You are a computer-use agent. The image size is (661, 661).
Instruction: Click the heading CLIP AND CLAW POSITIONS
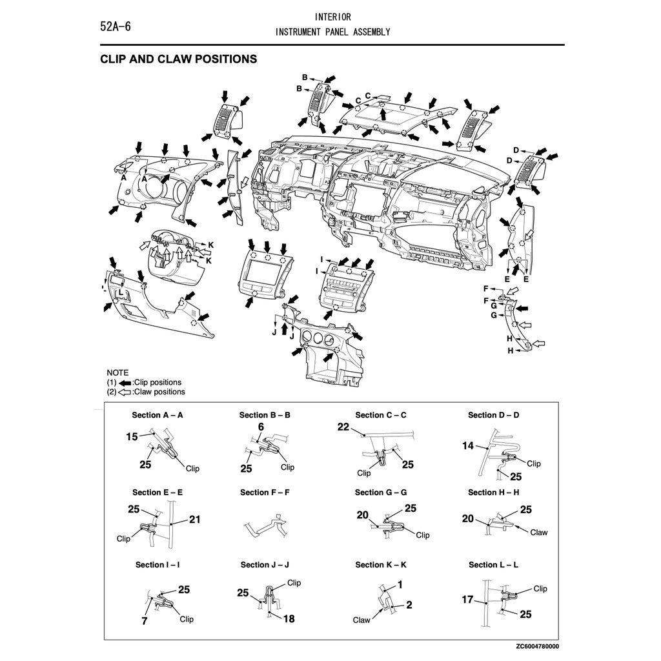click(178, 59)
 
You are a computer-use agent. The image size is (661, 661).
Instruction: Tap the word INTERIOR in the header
click(332, 17)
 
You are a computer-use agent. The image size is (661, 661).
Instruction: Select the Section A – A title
click(158, 415)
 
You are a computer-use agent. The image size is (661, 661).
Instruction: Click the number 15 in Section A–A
click(132, 437)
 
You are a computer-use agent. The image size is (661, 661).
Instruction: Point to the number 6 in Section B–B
click(261, 427)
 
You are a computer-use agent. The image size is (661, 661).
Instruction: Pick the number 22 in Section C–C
click(343, 427)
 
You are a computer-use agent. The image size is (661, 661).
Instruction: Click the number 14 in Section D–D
click(469, 445)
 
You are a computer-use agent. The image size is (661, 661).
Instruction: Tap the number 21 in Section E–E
click(196, 519)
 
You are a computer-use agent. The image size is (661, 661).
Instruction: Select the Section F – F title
click(265, 493)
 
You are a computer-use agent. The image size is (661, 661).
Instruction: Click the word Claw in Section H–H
click(538, 533)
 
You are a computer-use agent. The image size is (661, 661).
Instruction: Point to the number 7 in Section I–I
click(145, 622)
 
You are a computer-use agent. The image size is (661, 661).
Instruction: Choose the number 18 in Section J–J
click(289, 618)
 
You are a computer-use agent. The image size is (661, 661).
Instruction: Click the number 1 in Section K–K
click(400, 585)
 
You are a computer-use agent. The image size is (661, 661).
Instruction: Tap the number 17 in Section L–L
click(468, 600)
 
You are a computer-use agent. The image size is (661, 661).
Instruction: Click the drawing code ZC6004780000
click(537, 646)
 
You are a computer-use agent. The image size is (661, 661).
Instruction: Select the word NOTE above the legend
click(117, 373)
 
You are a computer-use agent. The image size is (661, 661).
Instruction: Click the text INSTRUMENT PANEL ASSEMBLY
click(332, 32)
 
